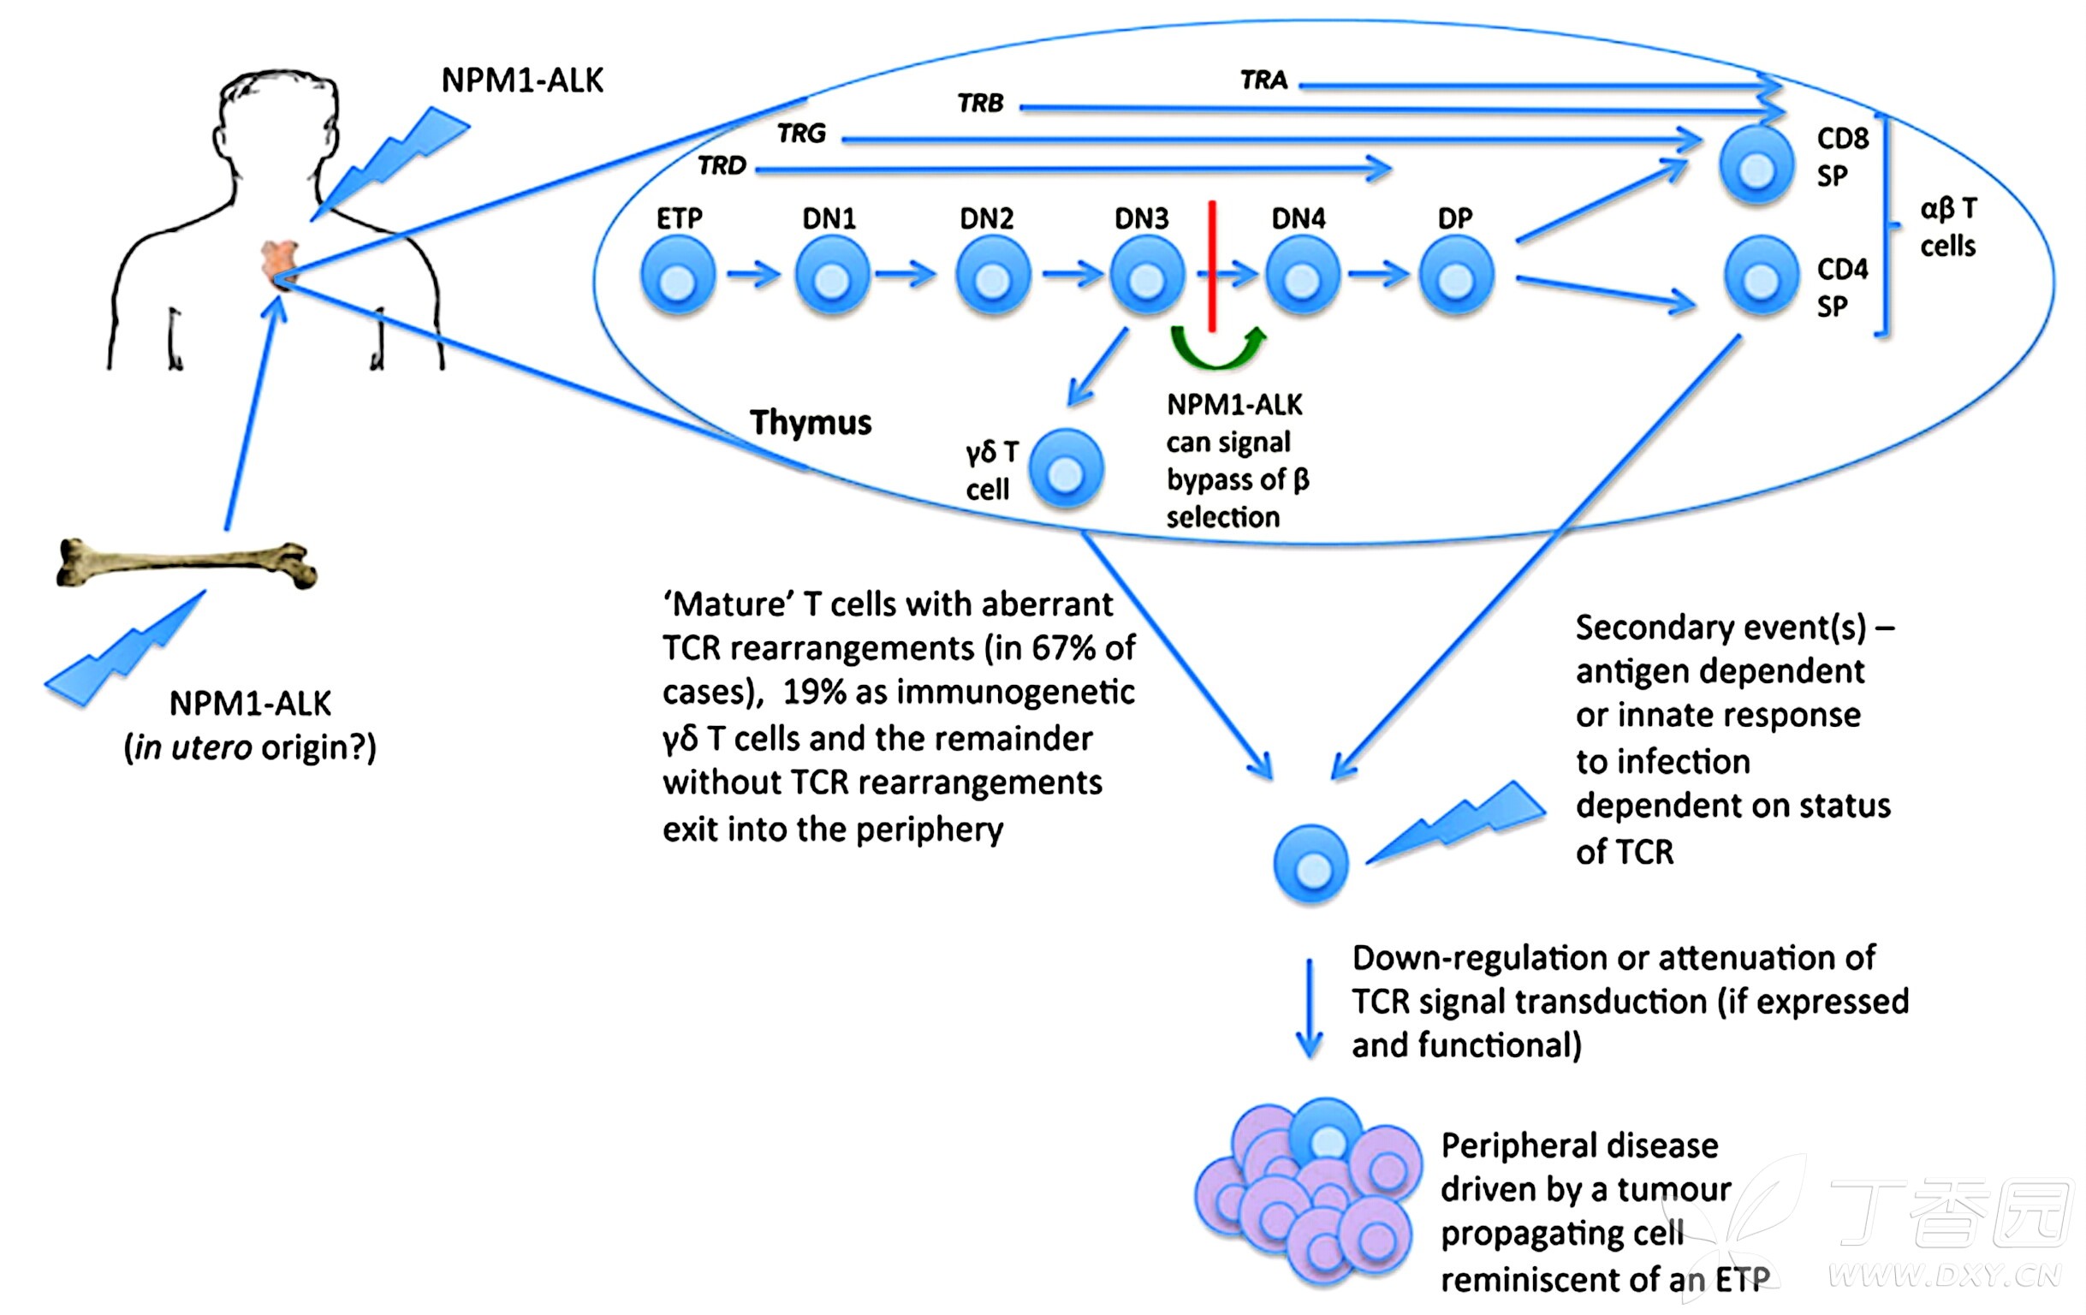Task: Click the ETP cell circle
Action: [x=677, y=277]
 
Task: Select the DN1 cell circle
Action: [x=832, y=277]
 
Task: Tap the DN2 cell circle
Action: [x=993, y=277]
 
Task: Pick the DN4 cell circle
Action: [x=1302, y=277]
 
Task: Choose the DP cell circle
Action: [x=1456, y=277]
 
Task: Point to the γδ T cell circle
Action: [x=1067, y=469]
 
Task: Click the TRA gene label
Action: [x=1264, y=80]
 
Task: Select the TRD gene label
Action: [x=722, y=165]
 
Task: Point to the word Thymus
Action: [x=810, y=423]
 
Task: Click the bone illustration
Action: [x=187, y=565]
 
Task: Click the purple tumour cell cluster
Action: [x=1308, y=1195]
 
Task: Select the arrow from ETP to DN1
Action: [x=752, y=276]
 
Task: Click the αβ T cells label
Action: [x=1948, y=227]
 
